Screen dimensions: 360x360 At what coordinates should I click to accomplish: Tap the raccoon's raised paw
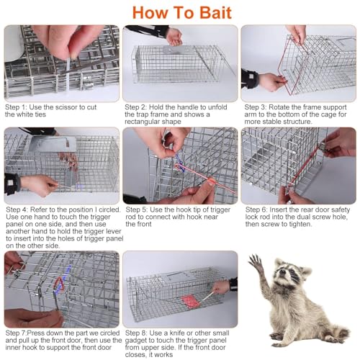(256, 261)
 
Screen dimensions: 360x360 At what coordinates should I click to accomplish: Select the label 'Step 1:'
(16, 107)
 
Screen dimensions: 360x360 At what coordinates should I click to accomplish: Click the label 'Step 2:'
(135, 107)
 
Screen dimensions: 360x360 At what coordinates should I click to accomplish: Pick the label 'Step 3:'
(256, 107)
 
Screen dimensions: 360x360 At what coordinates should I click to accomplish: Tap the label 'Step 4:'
(17, 210)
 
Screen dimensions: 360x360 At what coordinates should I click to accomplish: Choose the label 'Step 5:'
(137, 210)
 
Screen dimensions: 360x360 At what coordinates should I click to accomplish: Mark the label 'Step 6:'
(256, 210)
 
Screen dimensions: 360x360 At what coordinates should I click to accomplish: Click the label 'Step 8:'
(136, 333)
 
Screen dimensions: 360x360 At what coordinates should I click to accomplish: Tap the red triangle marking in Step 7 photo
(59, 284)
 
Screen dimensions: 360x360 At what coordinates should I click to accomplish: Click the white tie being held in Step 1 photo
(68, 73)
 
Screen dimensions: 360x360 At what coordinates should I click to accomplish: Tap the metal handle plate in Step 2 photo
(176, 50)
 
